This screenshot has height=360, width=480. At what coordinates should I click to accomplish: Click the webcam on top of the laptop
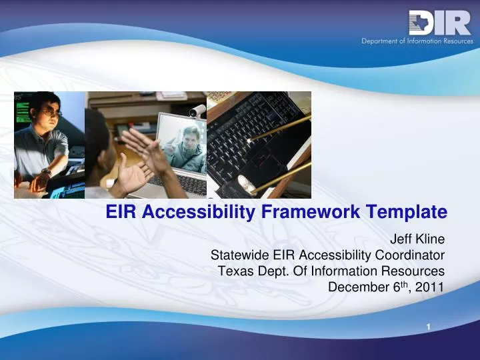pos(197,111)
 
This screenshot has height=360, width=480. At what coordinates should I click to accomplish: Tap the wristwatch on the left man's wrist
pos(45,172)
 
